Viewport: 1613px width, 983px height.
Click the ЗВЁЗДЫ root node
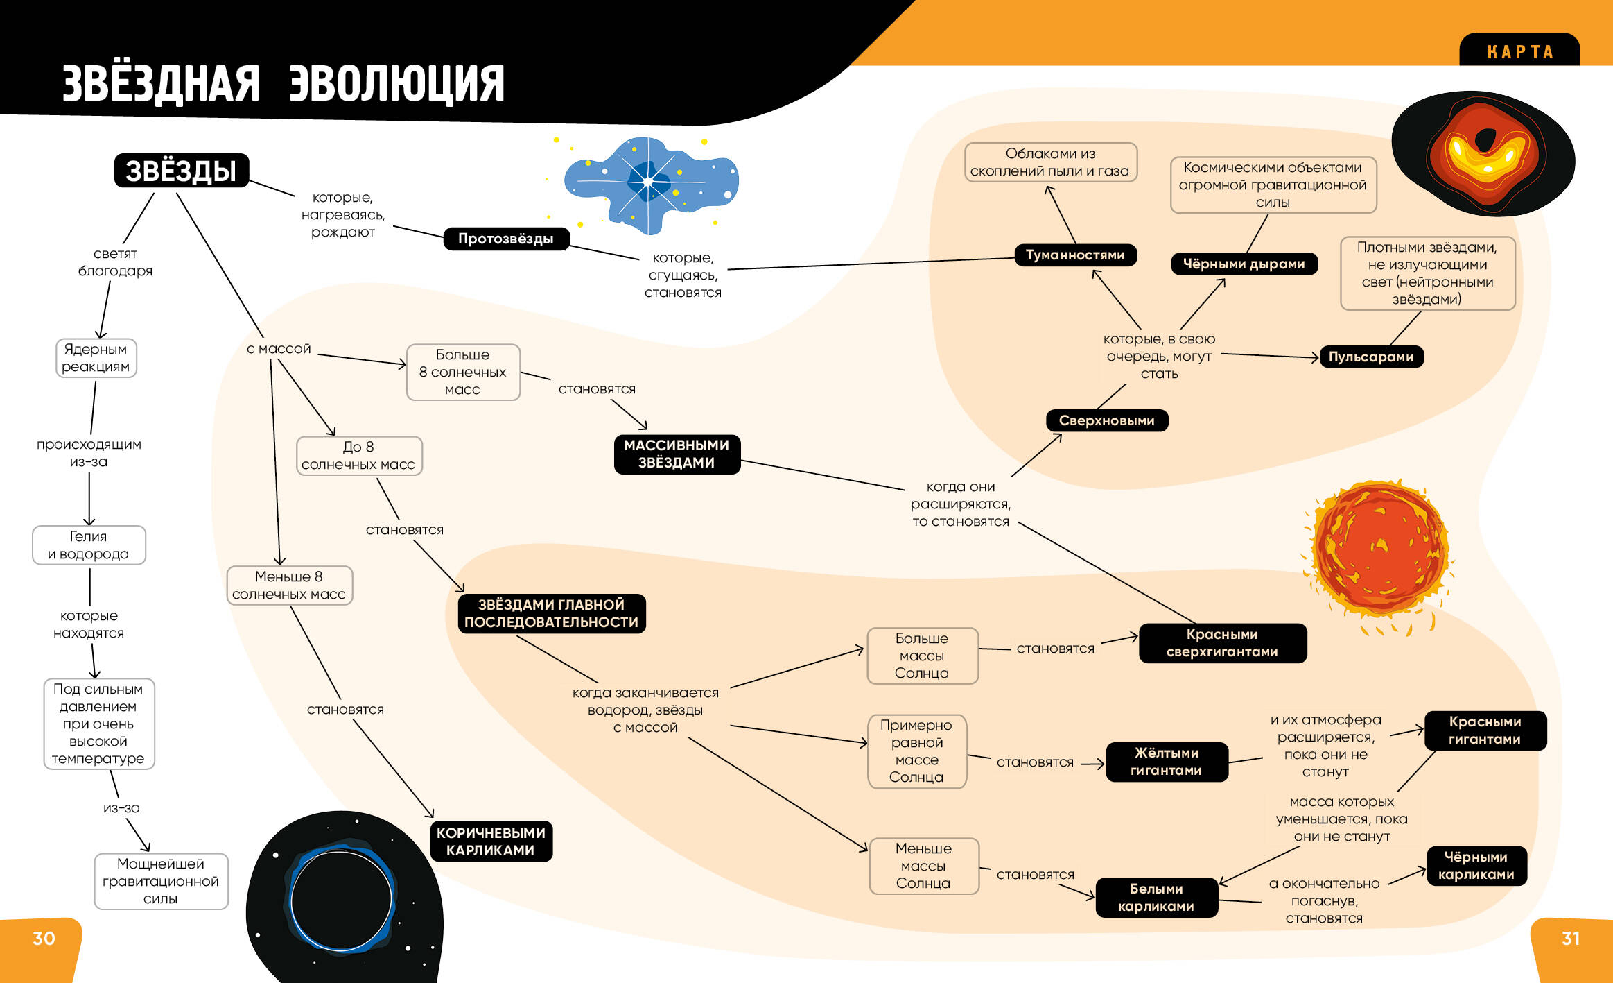(181, 171)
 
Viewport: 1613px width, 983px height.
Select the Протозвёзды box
(506, 239)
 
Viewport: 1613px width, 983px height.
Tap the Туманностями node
(1075, 255)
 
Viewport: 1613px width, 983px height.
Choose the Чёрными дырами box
(1244, 264)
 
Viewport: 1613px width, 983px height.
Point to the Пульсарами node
(1371, 357)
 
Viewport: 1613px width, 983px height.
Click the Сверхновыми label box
(1106, 420)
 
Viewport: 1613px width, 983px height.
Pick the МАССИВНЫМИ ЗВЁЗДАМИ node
(677, 454)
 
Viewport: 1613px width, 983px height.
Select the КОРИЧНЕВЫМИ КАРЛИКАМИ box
(491, 841)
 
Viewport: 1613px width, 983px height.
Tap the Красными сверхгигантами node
(1222, 643)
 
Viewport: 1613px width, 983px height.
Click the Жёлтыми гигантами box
(1167, 762)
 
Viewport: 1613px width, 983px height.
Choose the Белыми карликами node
(1156, 897)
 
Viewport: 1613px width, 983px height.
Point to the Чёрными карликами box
(1476, 866)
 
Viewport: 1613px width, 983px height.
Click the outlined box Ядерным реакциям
(96, 358)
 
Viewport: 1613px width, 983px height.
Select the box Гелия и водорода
(89, 545)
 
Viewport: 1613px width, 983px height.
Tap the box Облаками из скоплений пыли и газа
(1050, 162)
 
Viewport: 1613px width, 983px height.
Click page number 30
(44, 938)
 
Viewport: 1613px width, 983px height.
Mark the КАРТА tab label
(1519, 52)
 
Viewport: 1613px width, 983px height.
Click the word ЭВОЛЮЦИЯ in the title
(396, 84)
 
